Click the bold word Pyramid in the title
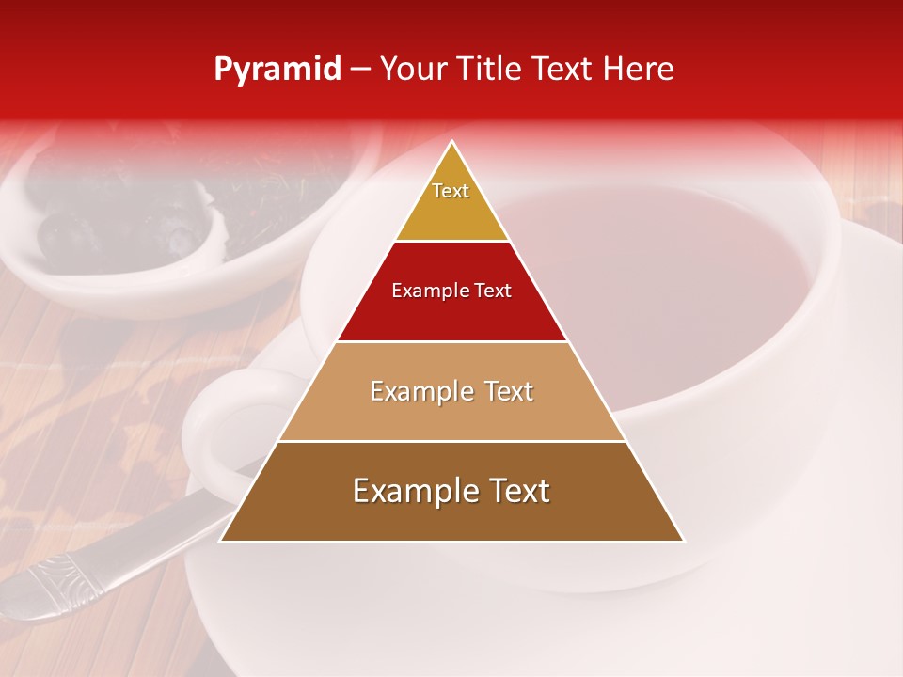pos(277,70)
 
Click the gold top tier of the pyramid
pos(451,212)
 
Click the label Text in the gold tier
pos(451,191)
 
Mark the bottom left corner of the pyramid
pos(222,540)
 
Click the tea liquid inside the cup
pos(658,282)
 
